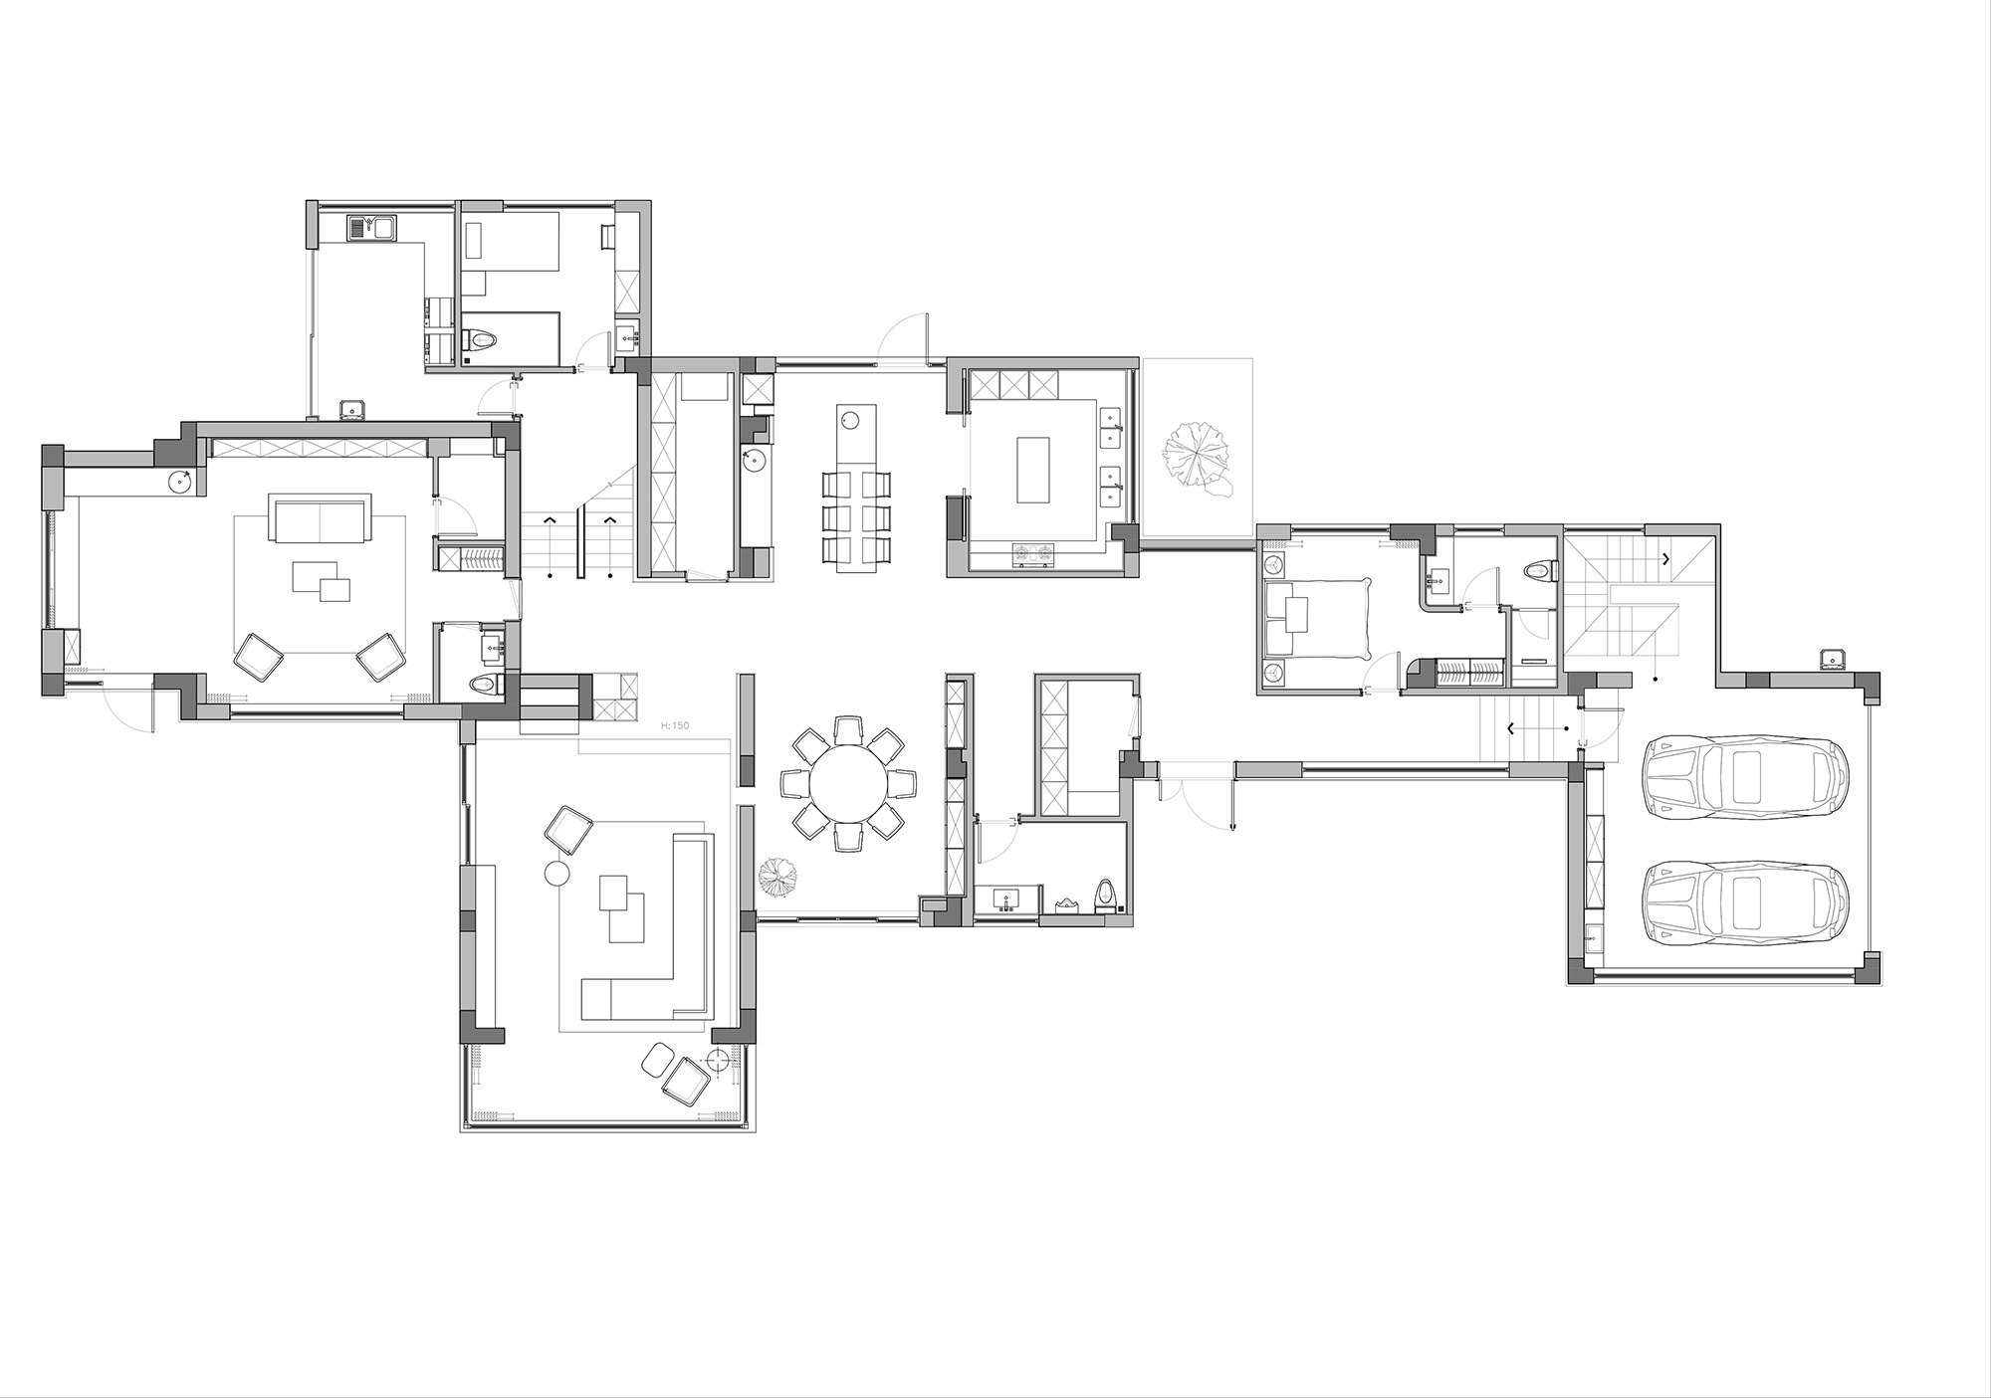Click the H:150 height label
(675, 726)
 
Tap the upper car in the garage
(1747, 777)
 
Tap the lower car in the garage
(1747, 902)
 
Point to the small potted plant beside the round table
(777, 878)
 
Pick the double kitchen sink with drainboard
(372, 228)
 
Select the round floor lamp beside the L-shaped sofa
(555, 875)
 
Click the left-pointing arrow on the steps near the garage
(1513, 728)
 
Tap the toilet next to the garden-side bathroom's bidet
(1105, 895)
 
